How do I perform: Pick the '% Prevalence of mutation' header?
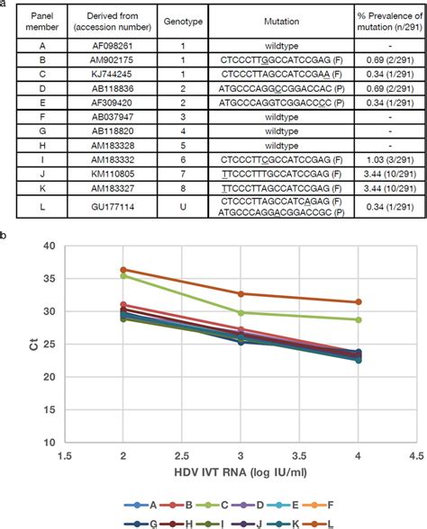(380, 20)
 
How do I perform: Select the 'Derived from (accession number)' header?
(112, 20)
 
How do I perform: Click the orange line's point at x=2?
(123, 270)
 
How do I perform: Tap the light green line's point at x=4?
(359, 319)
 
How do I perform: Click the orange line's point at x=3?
(241, 293)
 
